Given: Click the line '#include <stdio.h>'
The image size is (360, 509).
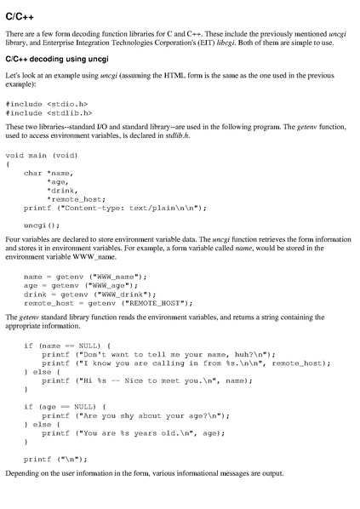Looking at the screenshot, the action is (47, 104).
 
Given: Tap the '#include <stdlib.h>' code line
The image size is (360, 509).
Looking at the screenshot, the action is (49, 112).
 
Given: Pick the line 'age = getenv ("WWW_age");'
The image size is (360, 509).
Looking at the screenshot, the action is (83, 285).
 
